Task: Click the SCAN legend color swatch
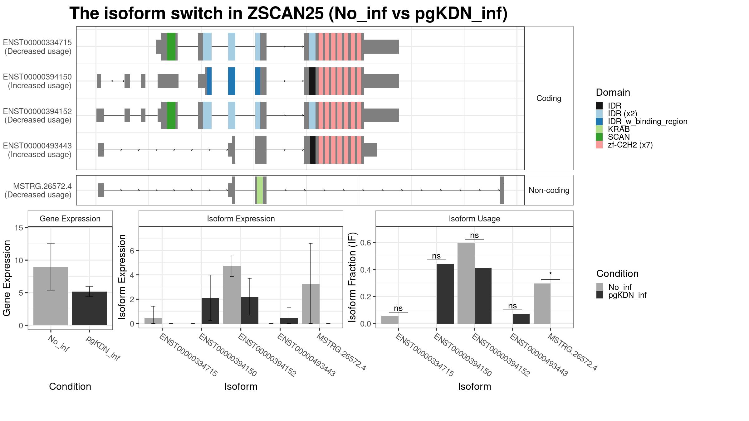coord(599,137)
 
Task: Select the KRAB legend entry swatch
coord(599,129)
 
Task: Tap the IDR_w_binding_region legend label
coord(648,121)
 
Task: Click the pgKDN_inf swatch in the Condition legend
coord(600,295)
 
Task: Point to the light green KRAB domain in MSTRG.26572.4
coord(260,190)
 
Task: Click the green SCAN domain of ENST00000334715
coord(171,46)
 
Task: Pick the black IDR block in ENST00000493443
coord(313,150)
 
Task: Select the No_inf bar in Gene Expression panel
coord(51,296)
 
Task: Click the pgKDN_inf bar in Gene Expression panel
coord(89,308)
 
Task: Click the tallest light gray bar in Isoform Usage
coord(466,283)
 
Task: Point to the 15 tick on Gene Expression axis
coord(19,228)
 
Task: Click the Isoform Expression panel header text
coord(241,219)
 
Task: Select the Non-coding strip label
coord(549,190)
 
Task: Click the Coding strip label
coord(549,98)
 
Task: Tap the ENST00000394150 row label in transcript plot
coord(37,81)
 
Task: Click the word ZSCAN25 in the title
coord(286,13)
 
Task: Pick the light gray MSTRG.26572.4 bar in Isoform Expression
coord(311,304)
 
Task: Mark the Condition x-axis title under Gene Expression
coord(70,386)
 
